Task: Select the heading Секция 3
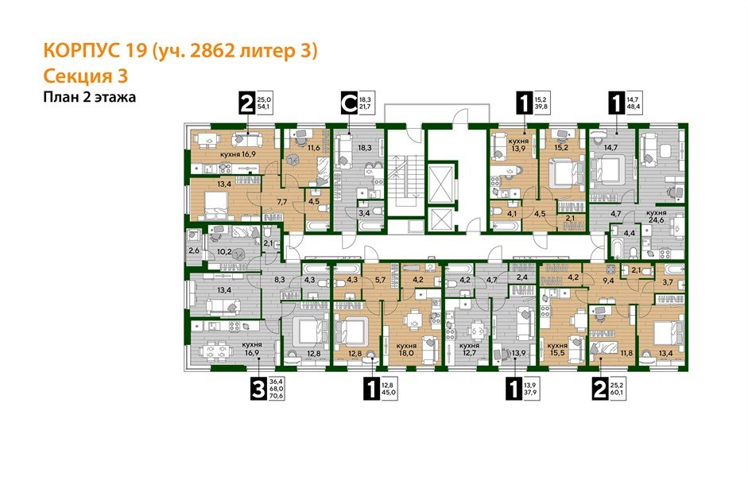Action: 83,76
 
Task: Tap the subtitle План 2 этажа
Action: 88,97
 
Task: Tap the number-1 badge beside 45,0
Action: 370,389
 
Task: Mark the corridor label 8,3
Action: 280,280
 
